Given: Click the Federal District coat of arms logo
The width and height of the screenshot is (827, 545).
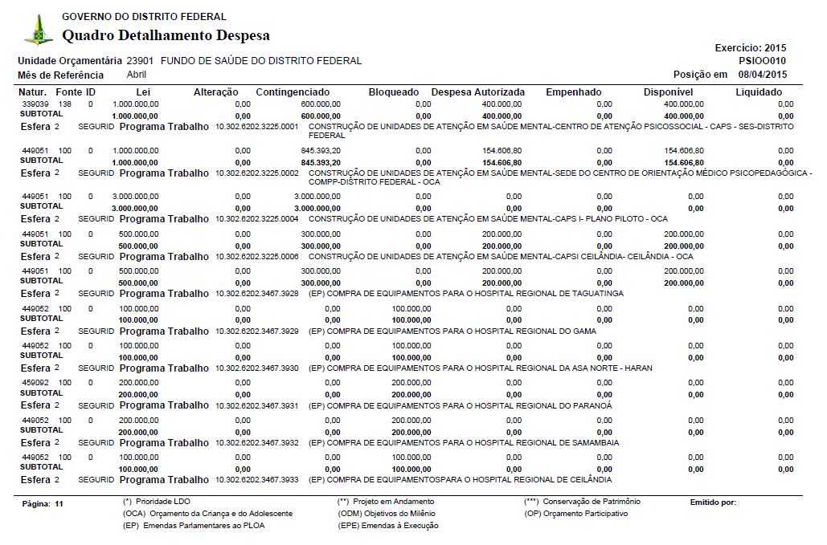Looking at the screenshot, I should click(x=38, y=31).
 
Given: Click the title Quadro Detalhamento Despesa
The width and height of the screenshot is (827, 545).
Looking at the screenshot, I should click(x=166, y=35).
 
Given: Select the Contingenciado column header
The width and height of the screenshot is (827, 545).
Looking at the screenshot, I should click(x=293, y=92).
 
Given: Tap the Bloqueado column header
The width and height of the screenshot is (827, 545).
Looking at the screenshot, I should click(x=394, y=92).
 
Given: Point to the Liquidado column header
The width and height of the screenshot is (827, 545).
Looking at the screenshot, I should click(x=759, y=92).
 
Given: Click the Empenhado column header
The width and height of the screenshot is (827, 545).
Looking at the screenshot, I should click(x=574, y=92).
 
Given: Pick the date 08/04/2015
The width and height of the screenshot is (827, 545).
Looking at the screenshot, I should click(x=763, y=75).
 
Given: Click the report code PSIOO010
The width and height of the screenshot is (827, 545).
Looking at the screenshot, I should click(x=762, y=61).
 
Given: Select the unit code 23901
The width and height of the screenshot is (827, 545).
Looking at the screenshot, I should click(x=140, y=61).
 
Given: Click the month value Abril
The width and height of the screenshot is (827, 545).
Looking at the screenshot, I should click(x=137, y=75).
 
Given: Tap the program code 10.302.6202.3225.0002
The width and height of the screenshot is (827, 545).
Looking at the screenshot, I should click(x=257, y=173).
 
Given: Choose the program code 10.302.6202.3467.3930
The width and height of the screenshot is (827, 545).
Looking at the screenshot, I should click(x=257, y=368).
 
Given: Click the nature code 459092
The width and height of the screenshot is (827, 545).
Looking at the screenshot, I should click(x=35, y=383).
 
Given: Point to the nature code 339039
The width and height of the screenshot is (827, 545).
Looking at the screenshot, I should click(x=35, y=104).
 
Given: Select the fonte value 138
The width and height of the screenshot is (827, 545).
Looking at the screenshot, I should click(x=65, y=104).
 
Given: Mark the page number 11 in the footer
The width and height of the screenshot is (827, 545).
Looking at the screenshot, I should click(x=59, y=504).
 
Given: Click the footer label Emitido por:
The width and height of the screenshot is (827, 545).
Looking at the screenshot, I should click(x=713, y=502).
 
